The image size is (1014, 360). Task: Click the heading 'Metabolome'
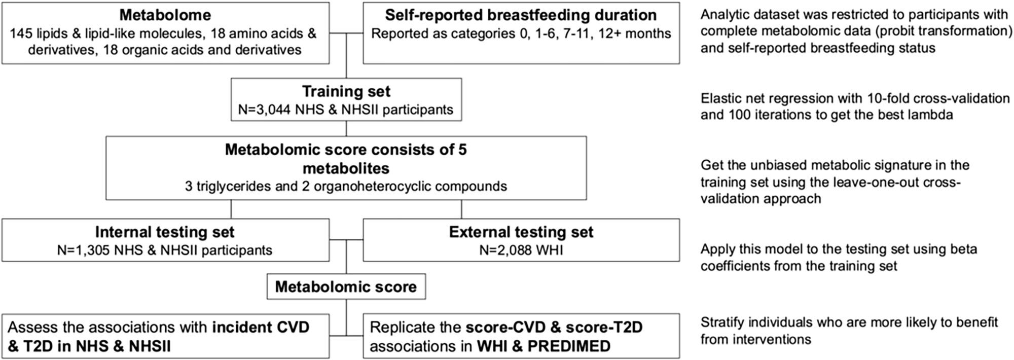(165, 15)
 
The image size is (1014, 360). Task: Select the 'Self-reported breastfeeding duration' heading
(521, 15)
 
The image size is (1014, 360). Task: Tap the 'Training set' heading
(346, 91)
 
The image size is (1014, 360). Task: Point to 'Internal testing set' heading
(165, 232)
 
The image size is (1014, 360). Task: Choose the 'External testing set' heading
(521, 232)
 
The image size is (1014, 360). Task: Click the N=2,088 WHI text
(521, 250)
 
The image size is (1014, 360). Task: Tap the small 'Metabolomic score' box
(346, 287)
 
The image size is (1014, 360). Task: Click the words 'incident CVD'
(261, 327)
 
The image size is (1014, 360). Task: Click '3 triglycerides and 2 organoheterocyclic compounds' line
(346, 186)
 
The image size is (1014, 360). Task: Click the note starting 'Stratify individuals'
(849, 322)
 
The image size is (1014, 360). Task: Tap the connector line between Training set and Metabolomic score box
(346, 128)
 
